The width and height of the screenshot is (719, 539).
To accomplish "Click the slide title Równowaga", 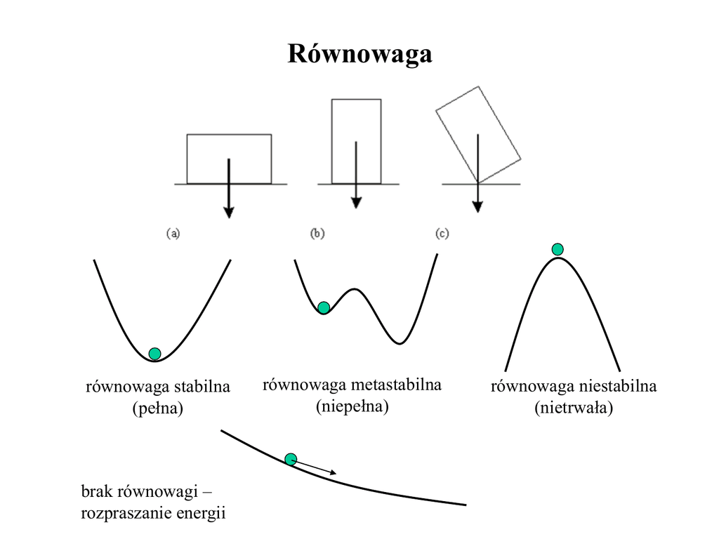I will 359,54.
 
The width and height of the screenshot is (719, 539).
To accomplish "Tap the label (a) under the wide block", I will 173,234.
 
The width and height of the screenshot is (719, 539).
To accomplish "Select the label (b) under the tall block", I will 317,234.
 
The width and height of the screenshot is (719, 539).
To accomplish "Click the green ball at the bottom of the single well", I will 155,353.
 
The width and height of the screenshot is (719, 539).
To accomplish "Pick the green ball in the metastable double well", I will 324,307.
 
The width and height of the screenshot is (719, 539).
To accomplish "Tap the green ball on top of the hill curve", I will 558,248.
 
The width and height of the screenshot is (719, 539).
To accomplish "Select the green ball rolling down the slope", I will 291,459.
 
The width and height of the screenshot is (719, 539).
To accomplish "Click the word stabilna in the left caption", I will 203,387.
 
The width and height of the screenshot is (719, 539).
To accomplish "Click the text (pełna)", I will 158,408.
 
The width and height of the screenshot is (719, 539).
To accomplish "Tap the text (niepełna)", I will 352,406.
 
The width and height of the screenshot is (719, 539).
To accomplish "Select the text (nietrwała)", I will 574,408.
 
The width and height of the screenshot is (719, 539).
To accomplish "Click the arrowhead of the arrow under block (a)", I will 228,212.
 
